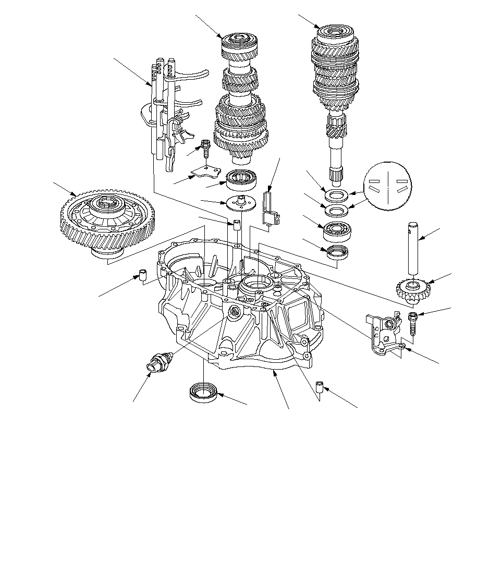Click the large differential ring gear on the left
point(107,222)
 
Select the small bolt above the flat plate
point(205,149)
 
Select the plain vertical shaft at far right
point(413,249)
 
